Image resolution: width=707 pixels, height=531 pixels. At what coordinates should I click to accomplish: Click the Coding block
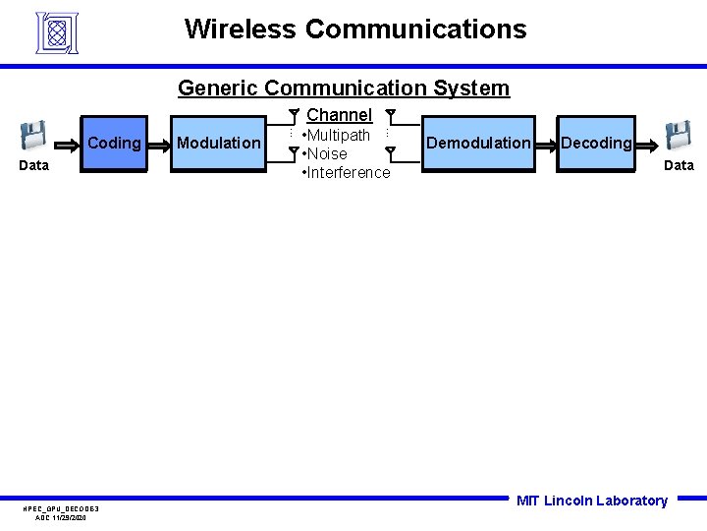click(113, 144)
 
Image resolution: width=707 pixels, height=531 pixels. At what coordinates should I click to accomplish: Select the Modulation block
click(218, 144)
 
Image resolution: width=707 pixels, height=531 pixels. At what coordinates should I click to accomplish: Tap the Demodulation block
click(478, 144)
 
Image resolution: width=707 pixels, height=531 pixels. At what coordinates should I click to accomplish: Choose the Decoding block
click(595, 144)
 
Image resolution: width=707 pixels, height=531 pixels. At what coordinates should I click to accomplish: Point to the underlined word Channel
click(339, 115)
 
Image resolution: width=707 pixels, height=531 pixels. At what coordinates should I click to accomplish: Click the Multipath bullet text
click(337, 135)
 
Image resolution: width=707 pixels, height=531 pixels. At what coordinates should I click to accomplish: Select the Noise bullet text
click(326, 153)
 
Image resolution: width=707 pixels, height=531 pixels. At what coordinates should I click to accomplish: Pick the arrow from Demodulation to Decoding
click(547, 144)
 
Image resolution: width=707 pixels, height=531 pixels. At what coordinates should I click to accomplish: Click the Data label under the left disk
click(34, 165)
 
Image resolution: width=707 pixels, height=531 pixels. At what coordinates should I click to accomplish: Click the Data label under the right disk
click(679, 165)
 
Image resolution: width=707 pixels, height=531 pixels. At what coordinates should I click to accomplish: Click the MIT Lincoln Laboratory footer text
click(591, 501)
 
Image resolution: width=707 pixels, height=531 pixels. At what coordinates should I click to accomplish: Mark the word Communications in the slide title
click(415, 29)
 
